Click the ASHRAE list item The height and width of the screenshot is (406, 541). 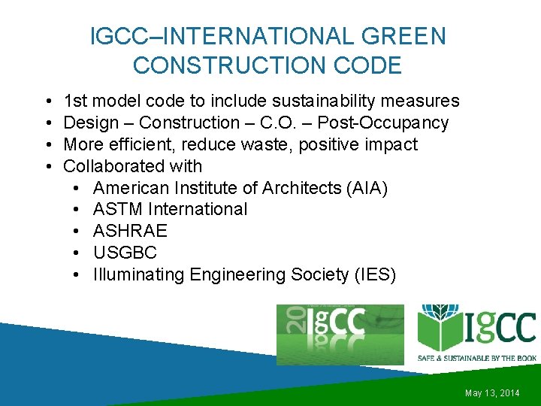130,231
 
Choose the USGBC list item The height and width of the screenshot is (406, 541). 125,253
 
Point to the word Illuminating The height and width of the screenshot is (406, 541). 138,274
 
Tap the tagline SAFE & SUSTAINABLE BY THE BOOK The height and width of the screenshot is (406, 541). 476,358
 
